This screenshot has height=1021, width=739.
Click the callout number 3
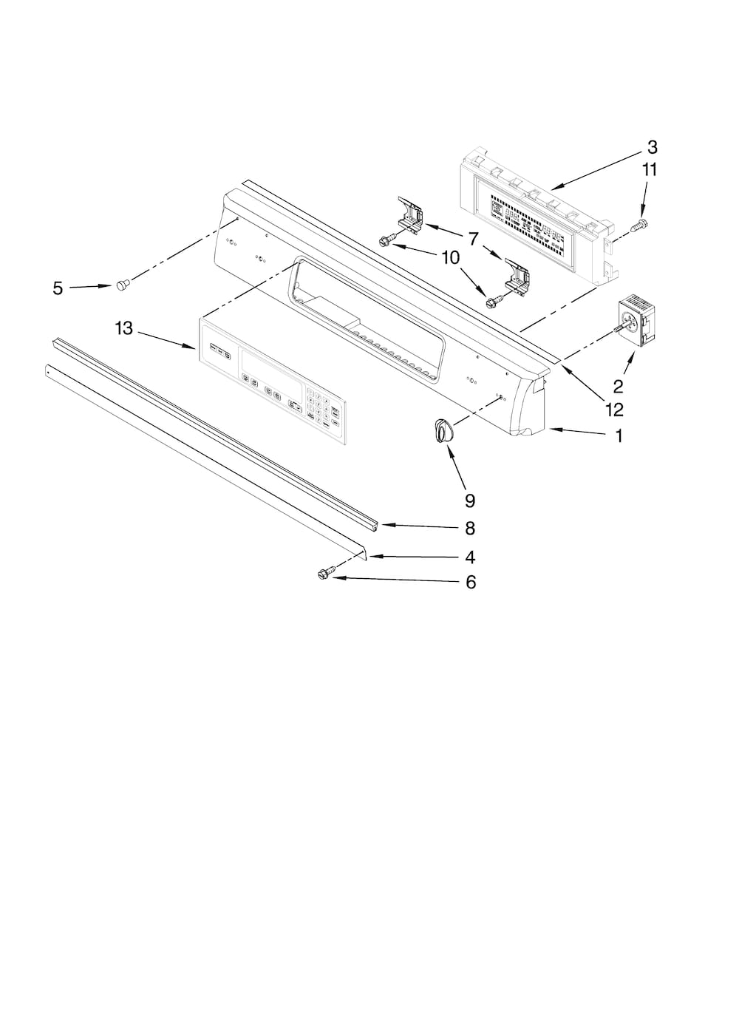pos(652,146)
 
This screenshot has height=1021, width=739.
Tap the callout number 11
pos(649,169)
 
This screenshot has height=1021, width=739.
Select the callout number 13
pos(124,328)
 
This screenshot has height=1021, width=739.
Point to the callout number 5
pos(58,288)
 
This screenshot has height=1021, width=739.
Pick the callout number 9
pos(470,501)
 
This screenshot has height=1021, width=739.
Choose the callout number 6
pos(471,583)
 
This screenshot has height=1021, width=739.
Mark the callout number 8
pos(470,529)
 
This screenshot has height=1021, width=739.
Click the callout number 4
pos(470,557)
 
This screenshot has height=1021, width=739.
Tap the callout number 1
pos(619,436)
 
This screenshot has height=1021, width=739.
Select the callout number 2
pos(619,386)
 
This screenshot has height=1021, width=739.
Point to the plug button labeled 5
pos(123,283)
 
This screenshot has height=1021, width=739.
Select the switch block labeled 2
pos(630,320)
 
